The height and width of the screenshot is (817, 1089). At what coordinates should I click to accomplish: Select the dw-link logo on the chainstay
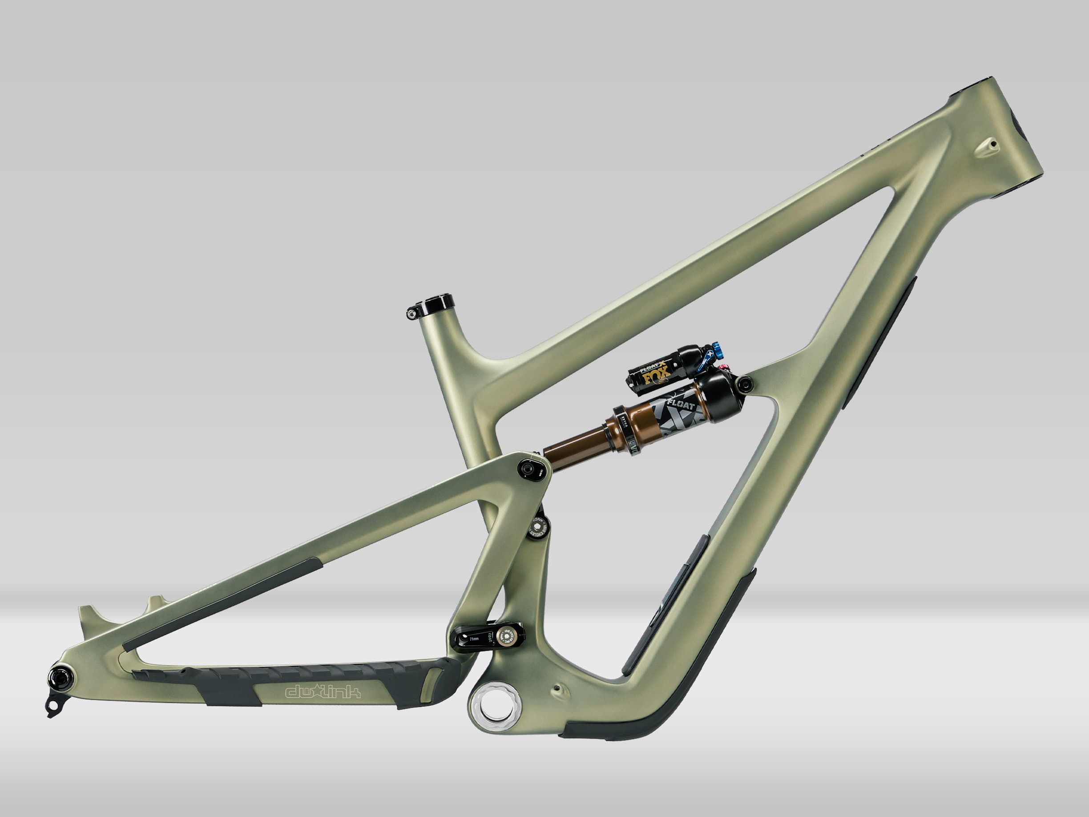[323, 692]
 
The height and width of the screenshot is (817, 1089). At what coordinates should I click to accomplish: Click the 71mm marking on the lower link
[474, 639]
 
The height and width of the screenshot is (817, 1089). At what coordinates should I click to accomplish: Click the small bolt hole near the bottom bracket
[557, 688]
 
